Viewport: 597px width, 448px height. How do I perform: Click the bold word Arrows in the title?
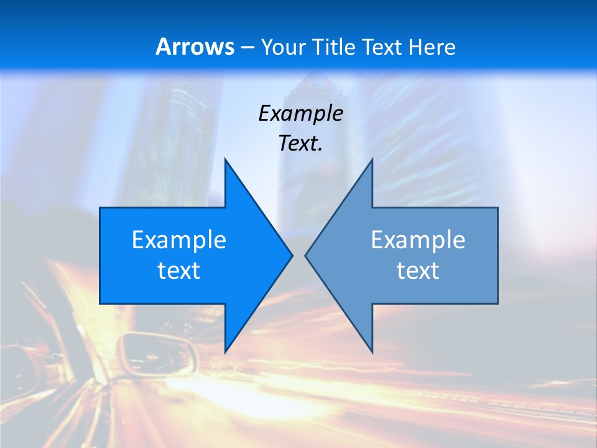tap(195, 47)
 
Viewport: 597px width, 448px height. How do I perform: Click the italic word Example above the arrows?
tap(300, 113)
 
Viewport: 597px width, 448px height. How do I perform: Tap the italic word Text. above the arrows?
tap(300, 143)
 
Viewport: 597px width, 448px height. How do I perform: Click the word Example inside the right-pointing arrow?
tap(179, 240)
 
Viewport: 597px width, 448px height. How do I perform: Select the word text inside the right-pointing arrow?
tap(179, 270)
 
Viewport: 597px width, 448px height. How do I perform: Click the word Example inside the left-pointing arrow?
tap(418, 240)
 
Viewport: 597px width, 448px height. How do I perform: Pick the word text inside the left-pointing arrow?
tap(418, 270)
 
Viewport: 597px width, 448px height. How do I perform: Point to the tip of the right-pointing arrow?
tap(292, 255)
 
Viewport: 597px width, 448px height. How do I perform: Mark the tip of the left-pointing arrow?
tap(305, 255)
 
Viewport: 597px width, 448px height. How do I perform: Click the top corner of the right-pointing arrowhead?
tap(225, 159)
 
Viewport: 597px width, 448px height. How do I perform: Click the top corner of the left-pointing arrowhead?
tap(372, 159)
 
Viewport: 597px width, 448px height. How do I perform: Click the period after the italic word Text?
tap(320, 150)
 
